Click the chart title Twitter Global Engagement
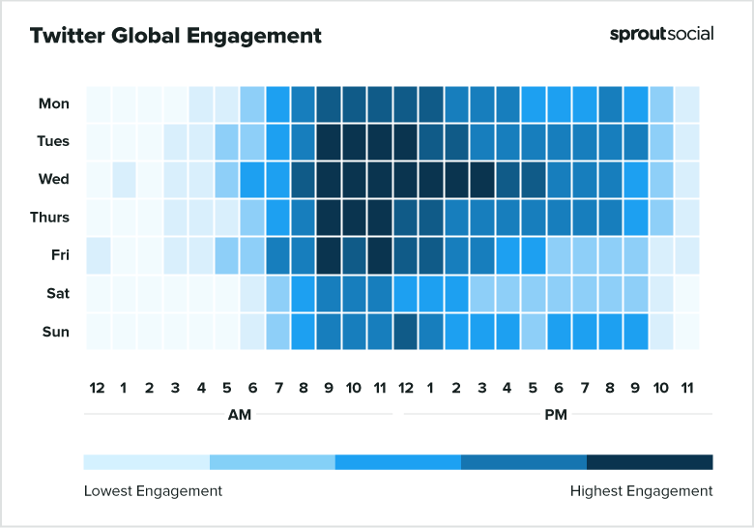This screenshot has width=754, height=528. pyautogui.click(x=175, y=36)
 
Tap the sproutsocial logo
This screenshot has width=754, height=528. pyautogui.click(x=661, y=34)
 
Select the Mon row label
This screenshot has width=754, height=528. pyautogui.click(x=54, y=103)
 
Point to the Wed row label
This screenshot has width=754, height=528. pyautogui.click(x=54, y=180)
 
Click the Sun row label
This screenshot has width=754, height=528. pyautogui.click(x=55, y=332)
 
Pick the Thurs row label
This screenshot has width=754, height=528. pyautogui.click(x=50, y=218)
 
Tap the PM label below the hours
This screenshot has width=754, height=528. pyautogui.click(x=557, y=415)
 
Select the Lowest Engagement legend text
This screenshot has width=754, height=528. pyautogui.click(x=153, y=491)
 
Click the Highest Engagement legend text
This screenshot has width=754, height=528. pyautogui.click(x=641, y=491)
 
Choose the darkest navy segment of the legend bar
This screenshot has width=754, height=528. pyautogui.click(x=650, y=461)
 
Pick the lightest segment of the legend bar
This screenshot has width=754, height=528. pyautogui.click(x=147, y=461)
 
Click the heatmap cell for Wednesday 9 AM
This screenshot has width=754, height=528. pyautogui.click(x=329, y=180)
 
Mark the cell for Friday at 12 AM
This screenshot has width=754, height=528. pyautogui.click(x=98, y=255)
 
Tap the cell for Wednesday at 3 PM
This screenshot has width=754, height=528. pyautogui.click(x=481, y=180)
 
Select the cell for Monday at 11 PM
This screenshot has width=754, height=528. pyautogui.click(x=686, y=103)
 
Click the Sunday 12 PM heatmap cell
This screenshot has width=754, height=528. pyautogui.click(x=405, y=332)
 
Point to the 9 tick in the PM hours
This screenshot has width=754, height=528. pyautogui.click(x=635, y=388)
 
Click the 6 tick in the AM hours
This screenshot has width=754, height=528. pyautogui.click(x=251, y=388)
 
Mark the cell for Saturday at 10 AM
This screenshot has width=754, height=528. pyautogui.click(x=354, y=294)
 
